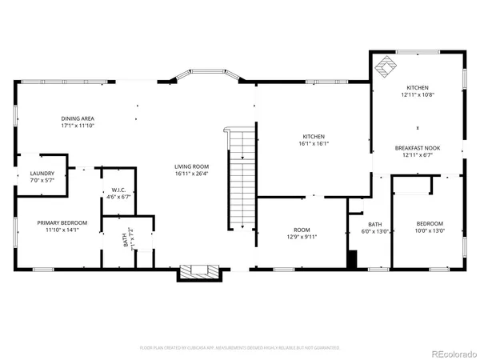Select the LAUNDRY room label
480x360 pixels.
(42, 174)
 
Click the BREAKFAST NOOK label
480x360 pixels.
(417, 148)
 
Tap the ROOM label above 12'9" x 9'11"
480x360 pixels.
(301, 229)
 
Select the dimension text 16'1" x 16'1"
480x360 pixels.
(314, 144)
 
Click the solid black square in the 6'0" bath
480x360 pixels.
(351, 258)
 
